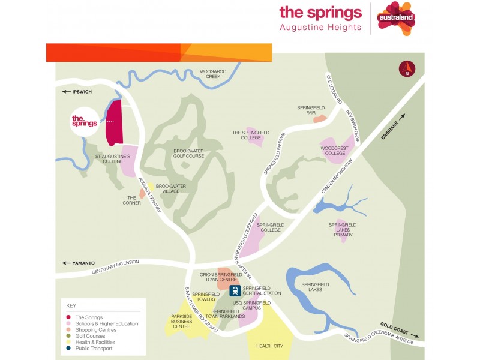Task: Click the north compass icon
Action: pos(407,68)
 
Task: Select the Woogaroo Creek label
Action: pos(213,74)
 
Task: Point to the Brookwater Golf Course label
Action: pos(188,154)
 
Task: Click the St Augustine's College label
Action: pos(113,159)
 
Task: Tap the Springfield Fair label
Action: pos(311,110)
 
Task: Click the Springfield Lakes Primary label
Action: pos(343,230)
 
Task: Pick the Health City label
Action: pos(269,346)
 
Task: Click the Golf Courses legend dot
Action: pos(69,336)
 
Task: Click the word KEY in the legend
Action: pos(71,305)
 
